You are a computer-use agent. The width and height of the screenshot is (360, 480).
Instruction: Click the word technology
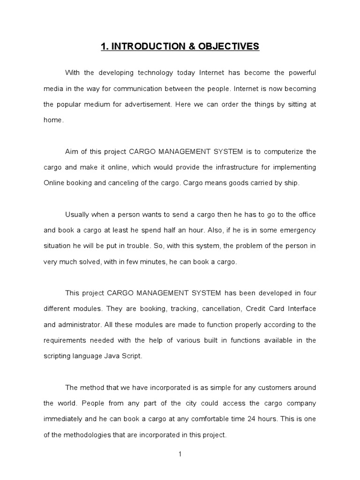[x=156, y=73]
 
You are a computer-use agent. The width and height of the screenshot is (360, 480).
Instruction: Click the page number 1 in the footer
[x=180, y=454]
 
